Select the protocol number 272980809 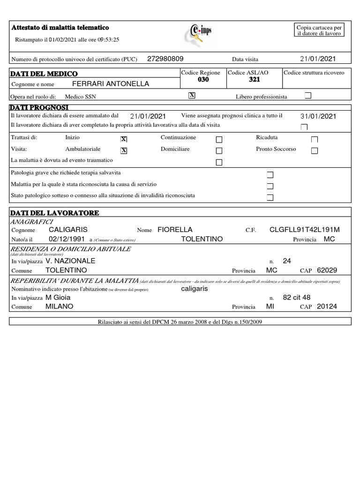point(165,59)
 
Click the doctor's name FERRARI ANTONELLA point(111,84)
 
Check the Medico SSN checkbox point(191,96)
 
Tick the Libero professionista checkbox point(308,96)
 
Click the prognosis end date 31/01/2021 point(318,116)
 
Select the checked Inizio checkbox point(124,139)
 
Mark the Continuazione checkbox point(219,139)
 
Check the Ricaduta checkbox point(315,139)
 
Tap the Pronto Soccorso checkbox point(315,150)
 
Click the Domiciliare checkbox point(219,150)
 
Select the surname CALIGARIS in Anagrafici point(68,230)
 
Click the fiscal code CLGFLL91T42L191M point(305,230)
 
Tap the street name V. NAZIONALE point(71,261)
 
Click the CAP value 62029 point(327,270)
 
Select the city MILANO point(59,307)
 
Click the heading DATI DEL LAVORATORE point(55,213)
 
